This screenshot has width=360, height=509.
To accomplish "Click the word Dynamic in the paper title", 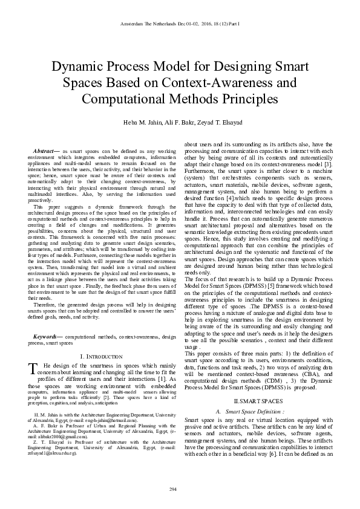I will pyautogui.click(x=79, y=67).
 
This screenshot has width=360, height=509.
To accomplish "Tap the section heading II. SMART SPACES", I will pyautogui.click(x=258, y=401).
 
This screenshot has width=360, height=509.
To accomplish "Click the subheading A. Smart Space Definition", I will pyautogui.click(x=258, y=411).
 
